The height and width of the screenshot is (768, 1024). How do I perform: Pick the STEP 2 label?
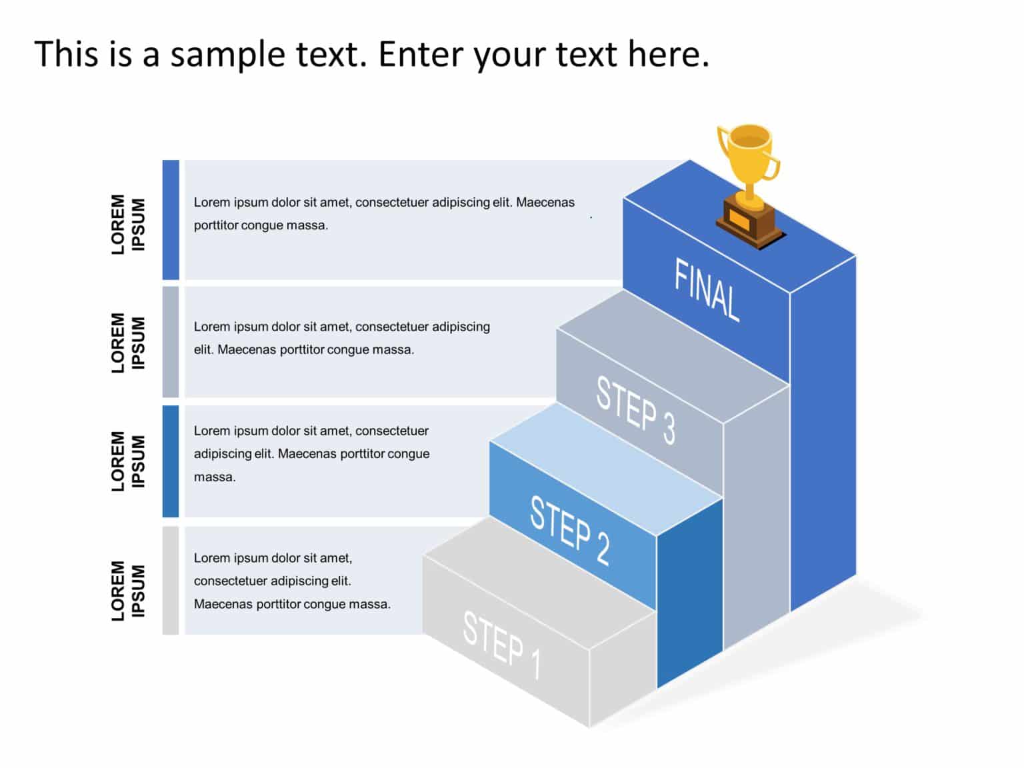[569, 531]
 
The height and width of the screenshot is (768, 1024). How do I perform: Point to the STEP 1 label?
[502, 645]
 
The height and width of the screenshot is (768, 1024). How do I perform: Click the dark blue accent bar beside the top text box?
[171, 219]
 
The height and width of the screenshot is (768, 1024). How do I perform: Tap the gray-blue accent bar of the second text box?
[171, 342]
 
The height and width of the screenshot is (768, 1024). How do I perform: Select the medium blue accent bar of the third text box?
[171, 461]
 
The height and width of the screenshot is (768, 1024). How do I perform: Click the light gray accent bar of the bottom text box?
[171, 580]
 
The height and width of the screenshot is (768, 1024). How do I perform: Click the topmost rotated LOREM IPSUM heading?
[128, 224]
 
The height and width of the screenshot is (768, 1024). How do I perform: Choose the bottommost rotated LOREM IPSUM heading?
[128, 590]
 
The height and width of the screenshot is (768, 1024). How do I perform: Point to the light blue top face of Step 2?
[607, 467]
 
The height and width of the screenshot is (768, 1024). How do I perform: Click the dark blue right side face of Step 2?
[690, 593]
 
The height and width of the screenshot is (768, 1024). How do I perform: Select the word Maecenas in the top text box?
[545, 202]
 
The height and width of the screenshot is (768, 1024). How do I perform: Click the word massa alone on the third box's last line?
[214, 477]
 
